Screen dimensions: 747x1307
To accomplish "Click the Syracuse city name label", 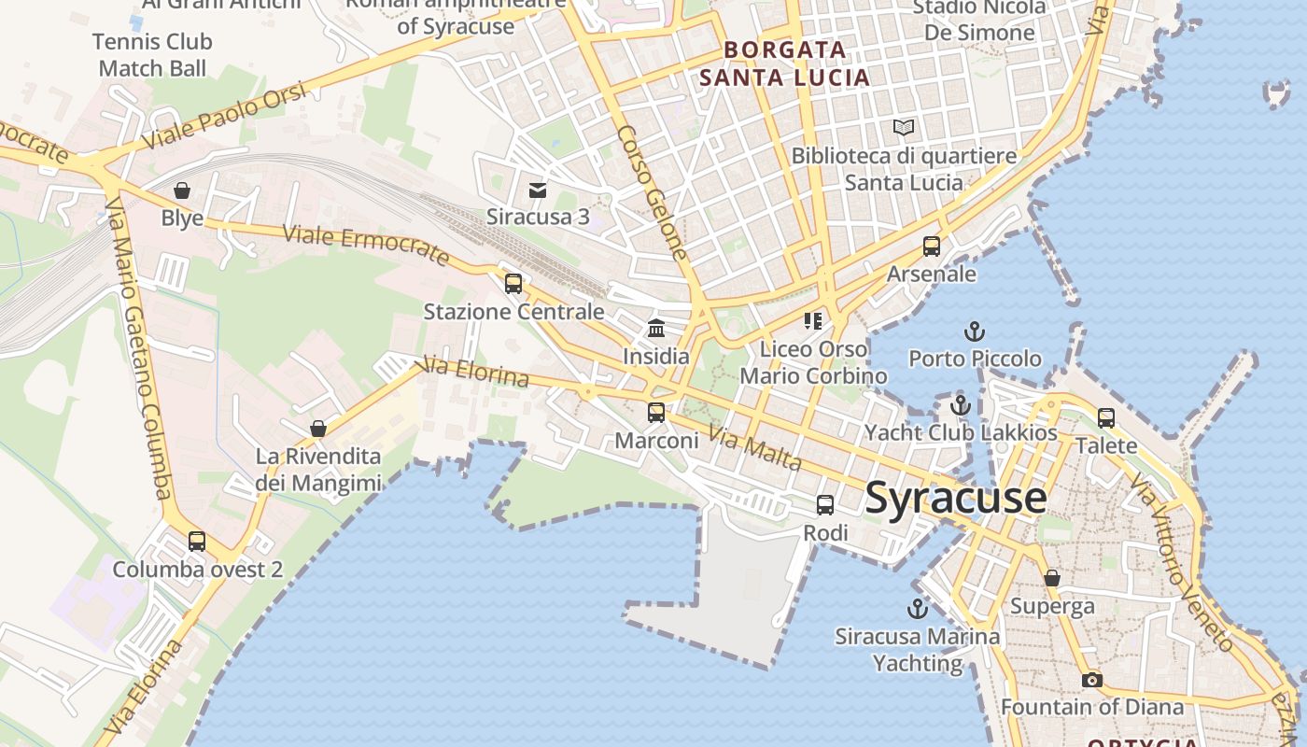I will click(x=955, y=498).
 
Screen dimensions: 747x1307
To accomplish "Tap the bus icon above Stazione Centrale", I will click(x=513, y=284).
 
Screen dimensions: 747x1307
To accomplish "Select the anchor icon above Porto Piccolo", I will click(x=975, y=331).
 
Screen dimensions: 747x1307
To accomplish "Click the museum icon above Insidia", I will click(x=656, y=329).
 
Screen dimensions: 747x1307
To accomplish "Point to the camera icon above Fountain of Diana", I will click(x=1091, y=680).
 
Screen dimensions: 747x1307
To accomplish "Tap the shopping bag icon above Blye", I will click(x=182, y=190).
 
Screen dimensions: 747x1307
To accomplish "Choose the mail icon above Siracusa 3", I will click(x=538, y=190).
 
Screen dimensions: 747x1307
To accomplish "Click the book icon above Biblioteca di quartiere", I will click(x=903, y=128).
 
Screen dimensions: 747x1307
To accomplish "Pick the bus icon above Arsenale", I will click(x=931, y=247).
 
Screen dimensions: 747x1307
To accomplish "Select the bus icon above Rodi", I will click(x=825, y=505).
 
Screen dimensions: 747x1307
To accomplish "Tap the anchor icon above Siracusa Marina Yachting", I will click(x=918, y=609).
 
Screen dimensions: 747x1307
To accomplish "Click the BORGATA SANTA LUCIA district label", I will click(x=785, y=63).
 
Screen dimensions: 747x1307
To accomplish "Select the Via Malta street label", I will click(x=755, y=448).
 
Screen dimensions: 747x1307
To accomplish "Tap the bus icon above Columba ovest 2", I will click(x=197, y=541).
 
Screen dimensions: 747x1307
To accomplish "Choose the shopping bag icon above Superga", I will click(x=1052, y=578).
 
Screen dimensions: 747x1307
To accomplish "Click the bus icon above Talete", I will click(x=1106, y=417).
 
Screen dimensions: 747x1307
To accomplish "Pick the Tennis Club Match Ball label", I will click(x=152, y=55).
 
